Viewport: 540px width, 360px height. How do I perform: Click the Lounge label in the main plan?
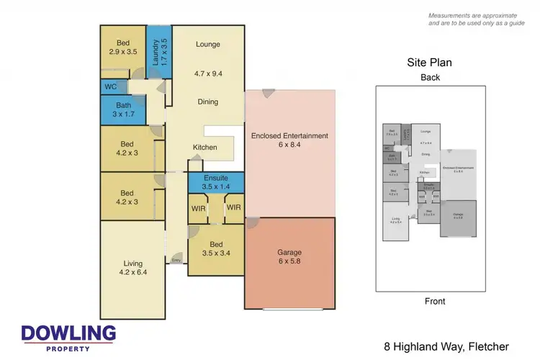[207, 45]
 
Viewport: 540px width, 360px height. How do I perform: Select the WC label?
[111, 87]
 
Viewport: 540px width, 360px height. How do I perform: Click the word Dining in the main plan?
[207, 102]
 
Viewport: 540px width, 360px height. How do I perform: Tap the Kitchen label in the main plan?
[204, 148]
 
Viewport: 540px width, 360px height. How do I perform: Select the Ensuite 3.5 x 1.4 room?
[216, 181]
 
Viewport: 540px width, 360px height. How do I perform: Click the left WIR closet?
[199, 208]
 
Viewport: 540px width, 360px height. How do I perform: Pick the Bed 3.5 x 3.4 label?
[216, 249]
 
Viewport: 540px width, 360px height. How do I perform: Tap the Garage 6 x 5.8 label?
[290, 257]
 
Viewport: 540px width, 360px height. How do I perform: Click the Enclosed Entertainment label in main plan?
[289, 140]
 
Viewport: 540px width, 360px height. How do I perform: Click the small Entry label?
[176, 261]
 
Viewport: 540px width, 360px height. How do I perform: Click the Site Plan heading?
[430, 63]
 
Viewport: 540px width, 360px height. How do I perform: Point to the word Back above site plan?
[430, 77]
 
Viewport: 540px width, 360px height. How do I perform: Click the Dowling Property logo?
[68, 337]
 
